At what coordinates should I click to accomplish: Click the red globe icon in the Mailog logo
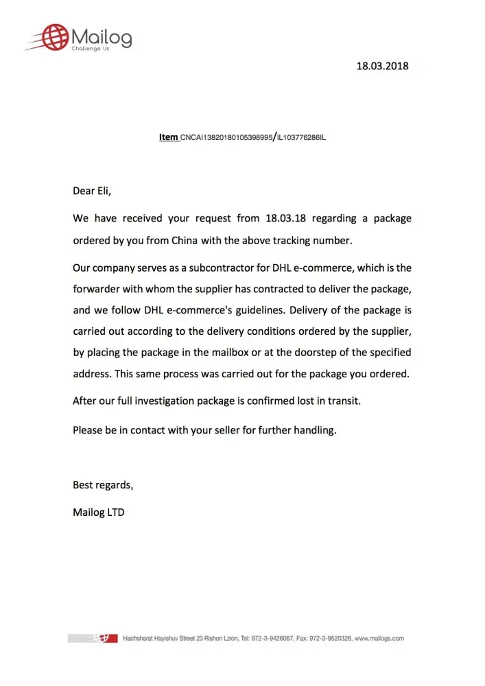(55, 37)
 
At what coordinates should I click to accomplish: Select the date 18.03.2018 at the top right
(382, 67)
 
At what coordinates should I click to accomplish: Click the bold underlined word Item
(168, 137)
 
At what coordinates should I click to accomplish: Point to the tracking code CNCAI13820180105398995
(226, 138)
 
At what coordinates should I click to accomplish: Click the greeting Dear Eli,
(92, 191)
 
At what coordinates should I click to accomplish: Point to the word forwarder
(98, 289)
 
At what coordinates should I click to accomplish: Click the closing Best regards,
(103, 485)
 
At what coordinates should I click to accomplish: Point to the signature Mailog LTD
(99, 512)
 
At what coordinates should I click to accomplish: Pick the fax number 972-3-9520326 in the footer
(329, 639)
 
